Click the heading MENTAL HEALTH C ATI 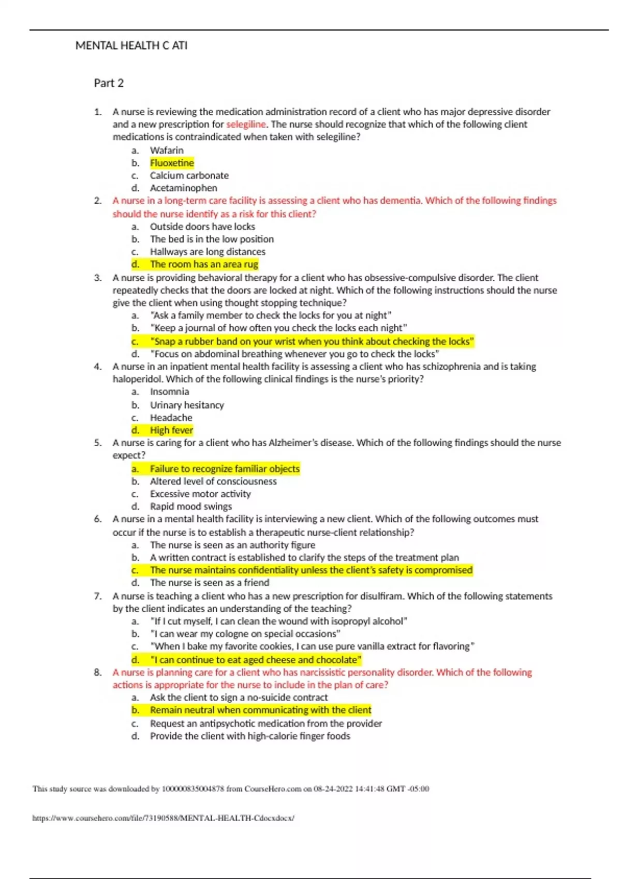131,46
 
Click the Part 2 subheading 109,83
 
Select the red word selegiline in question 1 246,125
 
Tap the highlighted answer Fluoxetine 172,163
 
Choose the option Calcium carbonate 189,175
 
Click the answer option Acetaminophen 183,188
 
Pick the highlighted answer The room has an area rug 204,264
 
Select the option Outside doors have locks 202,226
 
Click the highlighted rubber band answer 312,341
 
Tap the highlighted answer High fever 171,430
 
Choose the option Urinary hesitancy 187,405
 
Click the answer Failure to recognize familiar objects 225,469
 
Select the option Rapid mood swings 190,507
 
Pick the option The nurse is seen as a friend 209,583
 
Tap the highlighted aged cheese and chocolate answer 255,660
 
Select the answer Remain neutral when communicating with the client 260,710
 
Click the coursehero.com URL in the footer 163,818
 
